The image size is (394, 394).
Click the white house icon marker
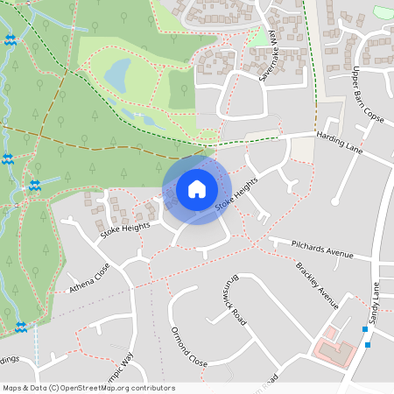pos(196,189)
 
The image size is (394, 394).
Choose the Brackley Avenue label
pos(317,285)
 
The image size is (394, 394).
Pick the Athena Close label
pos(89,278)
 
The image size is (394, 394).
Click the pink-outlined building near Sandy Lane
pos(336,353)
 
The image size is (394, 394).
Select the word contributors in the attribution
pos(152,388)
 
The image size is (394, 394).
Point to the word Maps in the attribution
pos(13,388)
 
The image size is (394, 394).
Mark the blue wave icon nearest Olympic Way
pos(20,327)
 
